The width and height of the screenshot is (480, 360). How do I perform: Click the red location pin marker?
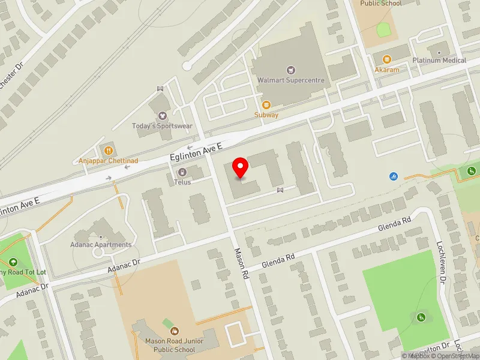click(x=241, y=167)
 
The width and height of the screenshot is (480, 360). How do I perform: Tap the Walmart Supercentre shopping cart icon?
click(x=291, y=70)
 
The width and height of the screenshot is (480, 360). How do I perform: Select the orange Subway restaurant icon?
click(x=266, y=105)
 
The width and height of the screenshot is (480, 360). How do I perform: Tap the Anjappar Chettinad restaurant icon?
click(x=109, y=151)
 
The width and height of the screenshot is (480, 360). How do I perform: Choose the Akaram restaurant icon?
click(x=386, y=59)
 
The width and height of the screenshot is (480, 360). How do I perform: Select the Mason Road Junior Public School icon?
click(x=175, y=331)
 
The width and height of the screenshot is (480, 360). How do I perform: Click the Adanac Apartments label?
click(x=100, y=245)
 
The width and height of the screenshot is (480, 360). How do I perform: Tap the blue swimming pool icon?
click(x=393, y=176)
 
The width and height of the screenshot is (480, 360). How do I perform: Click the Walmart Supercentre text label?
click(x=291, y=80)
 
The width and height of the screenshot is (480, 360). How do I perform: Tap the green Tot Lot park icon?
click(x=13, y=262)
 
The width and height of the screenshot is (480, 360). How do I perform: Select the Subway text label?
click(x=266, y=115)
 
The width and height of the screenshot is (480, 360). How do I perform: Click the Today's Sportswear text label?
click(x=154, y=126)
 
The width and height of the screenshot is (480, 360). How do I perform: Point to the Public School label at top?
click(x=380, y=3)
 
